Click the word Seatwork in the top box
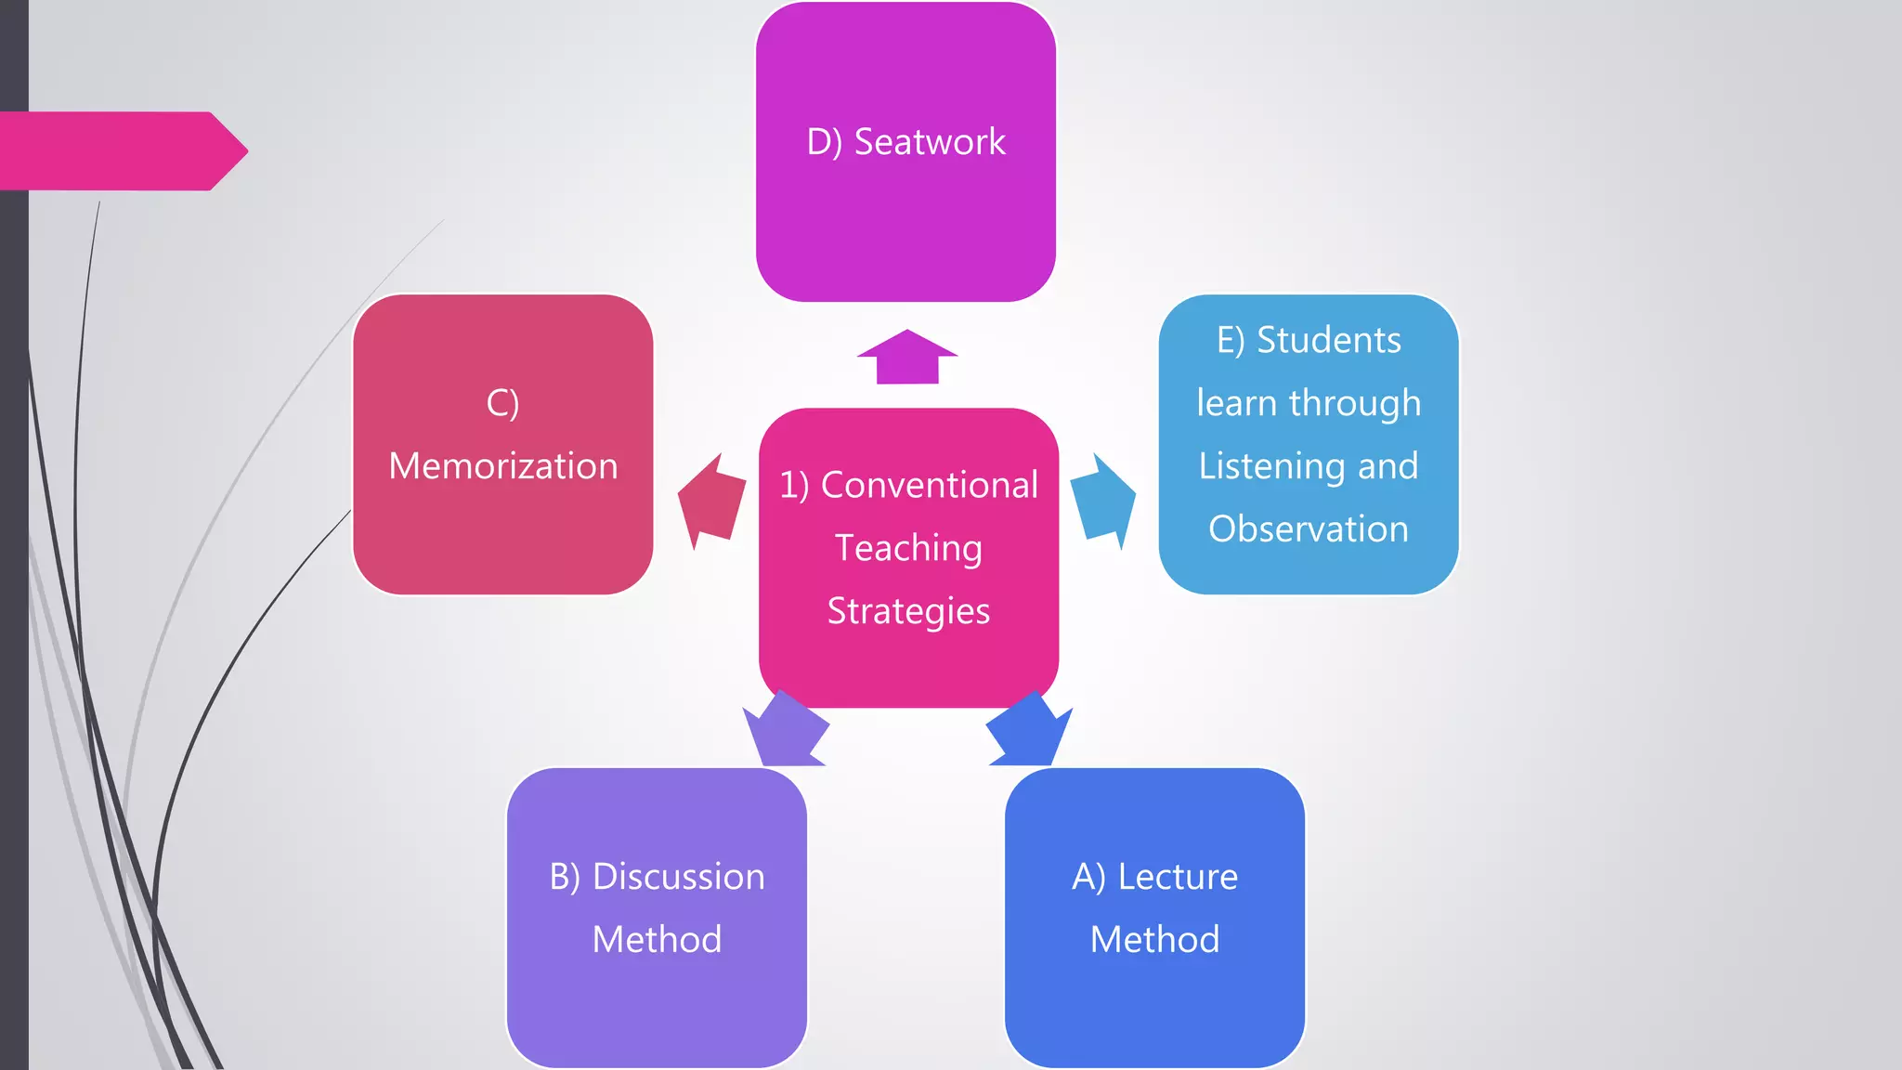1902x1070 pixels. [x=929, y=142]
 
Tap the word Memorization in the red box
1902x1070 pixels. [x=502, y=465]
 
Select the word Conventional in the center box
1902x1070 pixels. [x=929, y=485]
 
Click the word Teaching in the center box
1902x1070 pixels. [x=908, y=548]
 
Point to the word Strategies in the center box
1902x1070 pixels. [x=908, y=611]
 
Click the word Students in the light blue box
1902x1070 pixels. [x=1328, y=340]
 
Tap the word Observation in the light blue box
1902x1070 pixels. [x=1308, y=528]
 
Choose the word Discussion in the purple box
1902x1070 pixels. [x=678, y=877]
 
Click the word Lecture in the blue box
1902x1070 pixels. [x=1177, y=877]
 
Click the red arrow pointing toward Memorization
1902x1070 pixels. [x=712, y=502]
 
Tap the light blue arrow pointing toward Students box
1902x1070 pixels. [x=1103, y=502]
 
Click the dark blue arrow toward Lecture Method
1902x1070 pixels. [x=1029, y=730]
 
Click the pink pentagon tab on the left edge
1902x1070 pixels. [x=121, y=151]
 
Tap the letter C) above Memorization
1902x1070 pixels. [x=502, y=403]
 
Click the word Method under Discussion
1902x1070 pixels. [x=657, y=940]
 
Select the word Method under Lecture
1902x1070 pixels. [x=1154, y=940]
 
